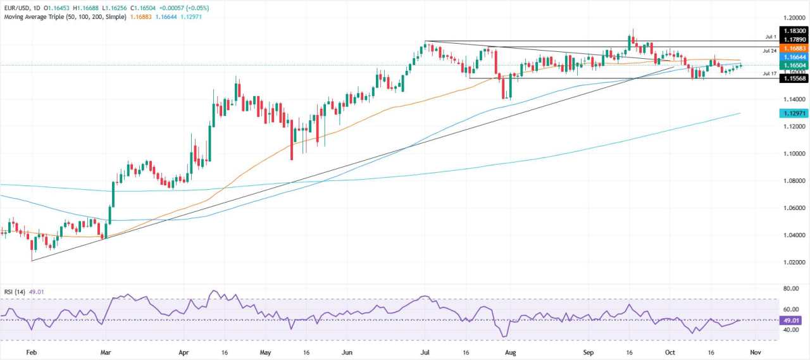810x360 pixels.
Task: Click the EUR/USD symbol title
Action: coord(18,8)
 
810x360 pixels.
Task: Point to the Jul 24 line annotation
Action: coord(769,51)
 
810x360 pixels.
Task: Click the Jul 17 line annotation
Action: coord(769,73)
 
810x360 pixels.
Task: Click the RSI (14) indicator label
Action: coord(13,292)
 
